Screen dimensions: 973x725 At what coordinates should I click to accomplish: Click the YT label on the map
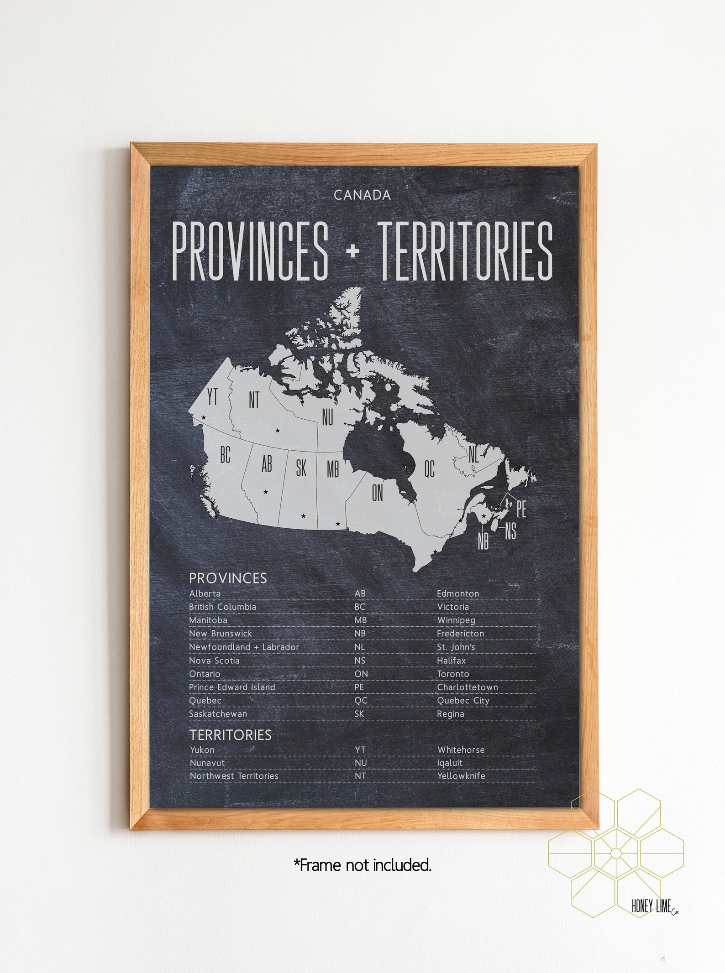click(x=212, y=397)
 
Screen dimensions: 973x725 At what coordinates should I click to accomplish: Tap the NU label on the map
click(x=327, y=417)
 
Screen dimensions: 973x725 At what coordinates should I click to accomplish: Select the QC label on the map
click(x=429, y=468)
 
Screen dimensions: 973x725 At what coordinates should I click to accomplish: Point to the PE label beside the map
click(x=521, y=509)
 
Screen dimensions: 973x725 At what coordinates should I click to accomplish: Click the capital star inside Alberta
click(x=265, y=492)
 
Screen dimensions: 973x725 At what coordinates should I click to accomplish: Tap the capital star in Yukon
click(x=204, y=417)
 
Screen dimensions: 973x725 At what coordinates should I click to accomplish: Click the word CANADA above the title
click(x=362, y=195)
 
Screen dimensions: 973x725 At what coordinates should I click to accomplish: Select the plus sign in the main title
click(x=352, y=251)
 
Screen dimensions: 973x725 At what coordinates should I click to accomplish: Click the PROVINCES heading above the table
click(x=228, y=578)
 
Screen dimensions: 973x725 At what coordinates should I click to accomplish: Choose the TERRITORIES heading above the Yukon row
click(x=231, y=735)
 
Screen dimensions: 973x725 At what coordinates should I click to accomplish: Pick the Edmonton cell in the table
click(x=458, y=593)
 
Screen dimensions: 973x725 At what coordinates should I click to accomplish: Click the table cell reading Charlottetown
click(x=468, y=687)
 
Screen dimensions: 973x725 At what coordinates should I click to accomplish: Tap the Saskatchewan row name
click(x=218, y=714)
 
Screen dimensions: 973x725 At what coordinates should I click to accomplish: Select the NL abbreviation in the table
click(x=360, y=647)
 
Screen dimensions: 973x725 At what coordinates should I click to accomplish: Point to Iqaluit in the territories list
click(x=450, y=763)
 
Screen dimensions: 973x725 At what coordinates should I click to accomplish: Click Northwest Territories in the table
click(x=234, y=776)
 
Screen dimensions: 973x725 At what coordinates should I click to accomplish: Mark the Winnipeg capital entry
click(x=456, y=620)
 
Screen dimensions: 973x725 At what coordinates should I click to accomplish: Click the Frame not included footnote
click(x=362, y=865)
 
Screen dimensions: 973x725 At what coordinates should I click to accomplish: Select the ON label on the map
click(x=377, y=493)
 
